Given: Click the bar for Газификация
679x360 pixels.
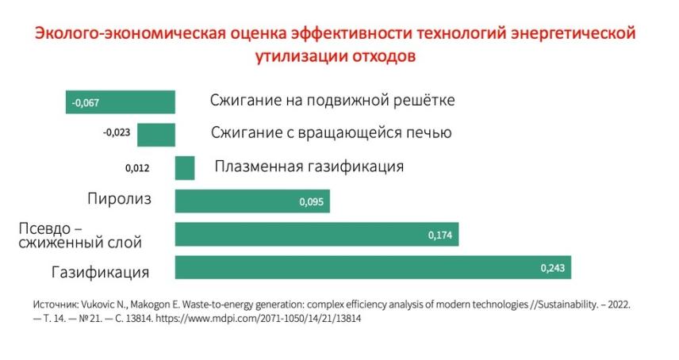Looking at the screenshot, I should [373, 268].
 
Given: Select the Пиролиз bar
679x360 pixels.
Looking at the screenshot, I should [252, 201].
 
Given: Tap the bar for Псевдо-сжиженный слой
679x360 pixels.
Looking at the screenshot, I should [316, 235].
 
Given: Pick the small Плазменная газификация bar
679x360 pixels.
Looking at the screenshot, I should [185, 168].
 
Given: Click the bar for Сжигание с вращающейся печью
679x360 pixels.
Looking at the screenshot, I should [155, 135].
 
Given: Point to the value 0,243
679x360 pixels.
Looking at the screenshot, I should [552, 269].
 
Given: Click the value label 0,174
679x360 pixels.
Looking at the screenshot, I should [440, 236].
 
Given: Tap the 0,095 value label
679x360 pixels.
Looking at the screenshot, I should [311, 202].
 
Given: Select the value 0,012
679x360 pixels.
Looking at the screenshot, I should [137, 168].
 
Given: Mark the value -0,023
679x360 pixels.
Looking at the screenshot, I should [117, 132].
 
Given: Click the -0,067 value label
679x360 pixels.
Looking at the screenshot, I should [85, 102].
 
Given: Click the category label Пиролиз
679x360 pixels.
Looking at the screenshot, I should [119, 198].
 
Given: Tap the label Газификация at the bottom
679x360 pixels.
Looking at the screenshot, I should [101, 272].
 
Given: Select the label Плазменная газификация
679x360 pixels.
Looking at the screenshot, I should [309, 167].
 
